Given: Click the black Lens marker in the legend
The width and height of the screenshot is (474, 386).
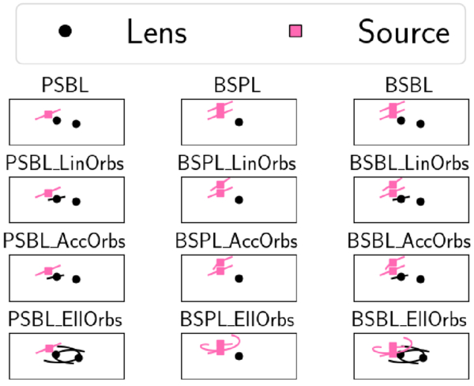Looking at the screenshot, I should pyautogui.click(x=66, y=31).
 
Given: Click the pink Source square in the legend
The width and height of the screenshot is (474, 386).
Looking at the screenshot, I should pyautogui.click(x=296, y=31).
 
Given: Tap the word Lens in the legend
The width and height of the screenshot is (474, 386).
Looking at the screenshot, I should pyautogui.click(x=156, y=32).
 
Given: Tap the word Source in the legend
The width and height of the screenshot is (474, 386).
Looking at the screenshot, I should pyautogui.click(x=403, y=32).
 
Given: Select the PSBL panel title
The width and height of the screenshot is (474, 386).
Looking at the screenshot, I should pyautogui.click(x=66, y=85).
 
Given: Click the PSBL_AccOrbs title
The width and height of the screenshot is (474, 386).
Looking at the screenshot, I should pyautogui.click(x=65, y=241).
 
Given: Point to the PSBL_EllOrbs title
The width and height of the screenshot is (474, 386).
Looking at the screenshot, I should pyautogui.click(x=65, y=319).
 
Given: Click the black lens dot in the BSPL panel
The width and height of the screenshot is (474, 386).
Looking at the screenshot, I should pyautogui.click(x=239, y=122).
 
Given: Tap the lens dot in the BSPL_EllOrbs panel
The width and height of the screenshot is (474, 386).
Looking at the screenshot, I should pyautogui.click(x=239, y=356).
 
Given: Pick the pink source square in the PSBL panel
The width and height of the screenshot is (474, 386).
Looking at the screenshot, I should pyautogui.click(x=48, y=115).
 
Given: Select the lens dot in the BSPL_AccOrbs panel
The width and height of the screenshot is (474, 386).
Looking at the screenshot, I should pyautogui.click(x=239, y=278).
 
